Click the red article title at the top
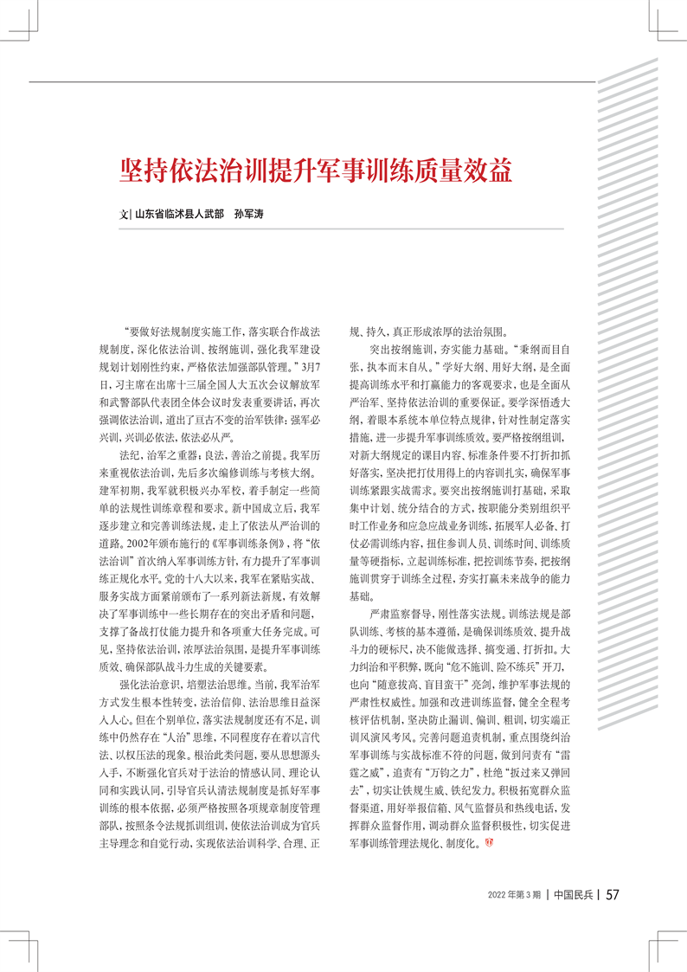pos(316,169)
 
